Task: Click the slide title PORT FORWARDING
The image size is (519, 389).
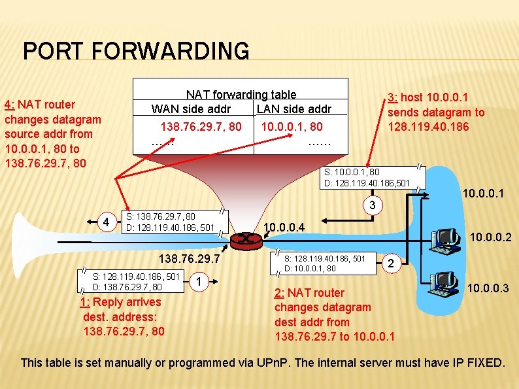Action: coord(136,51)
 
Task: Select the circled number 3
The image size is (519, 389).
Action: coord(372,208)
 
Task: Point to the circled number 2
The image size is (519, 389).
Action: coord(390,263)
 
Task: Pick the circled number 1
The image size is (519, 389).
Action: coord(198,282)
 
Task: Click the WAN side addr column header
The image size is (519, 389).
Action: coord(191,109)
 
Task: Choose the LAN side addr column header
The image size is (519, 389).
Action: coord(294,109)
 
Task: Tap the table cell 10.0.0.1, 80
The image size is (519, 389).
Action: coord(292,126)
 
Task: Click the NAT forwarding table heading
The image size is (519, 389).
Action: coord(241,95)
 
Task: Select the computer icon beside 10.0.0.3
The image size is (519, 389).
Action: coord(444,284)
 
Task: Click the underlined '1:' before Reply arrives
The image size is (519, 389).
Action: coord(85,302)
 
